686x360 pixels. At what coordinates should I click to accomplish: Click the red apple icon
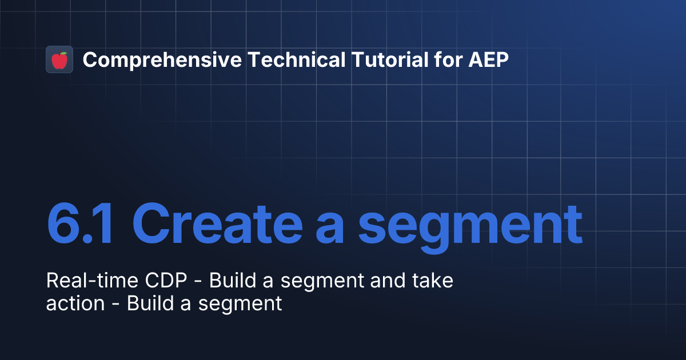pos(59,59)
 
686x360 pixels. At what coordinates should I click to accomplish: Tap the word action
pos(75,303)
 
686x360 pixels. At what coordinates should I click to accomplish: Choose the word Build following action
pos(147,303)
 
